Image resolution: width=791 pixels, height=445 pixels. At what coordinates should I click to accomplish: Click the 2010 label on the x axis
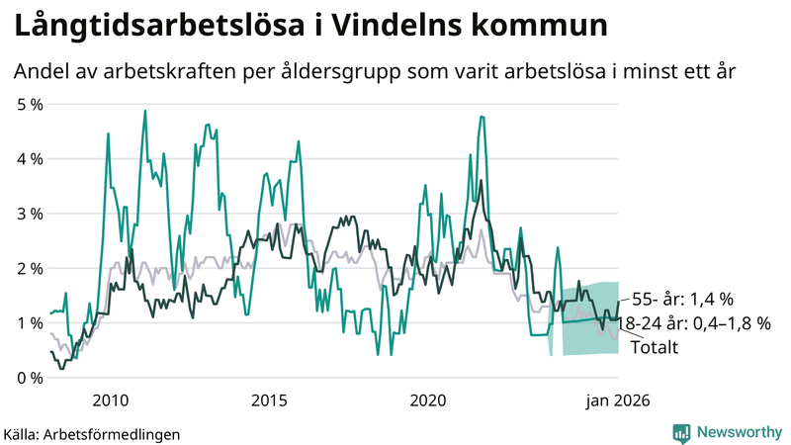(x=110, y=400)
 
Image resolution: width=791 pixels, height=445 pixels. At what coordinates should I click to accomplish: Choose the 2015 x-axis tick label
(x=269, y=400)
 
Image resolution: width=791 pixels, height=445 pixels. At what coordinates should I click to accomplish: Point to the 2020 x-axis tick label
(x=428, y=400)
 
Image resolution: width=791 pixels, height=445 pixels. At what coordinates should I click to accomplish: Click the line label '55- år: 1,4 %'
(x=682, y=300)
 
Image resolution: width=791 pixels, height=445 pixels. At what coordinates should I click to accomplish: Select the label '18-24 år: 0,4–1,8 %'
(x=694, y=323)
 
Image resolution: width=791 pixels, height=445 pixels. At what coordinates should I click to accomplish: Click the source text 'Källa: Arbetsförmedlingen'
(x=92, y=433)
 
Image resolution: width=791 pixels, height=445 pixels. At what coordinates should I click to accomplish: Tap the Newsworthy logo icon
(x=681, y=432)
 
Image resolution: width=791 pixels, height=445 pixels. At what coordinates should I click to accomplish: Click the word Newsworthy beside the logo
(x=738, y=432)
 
